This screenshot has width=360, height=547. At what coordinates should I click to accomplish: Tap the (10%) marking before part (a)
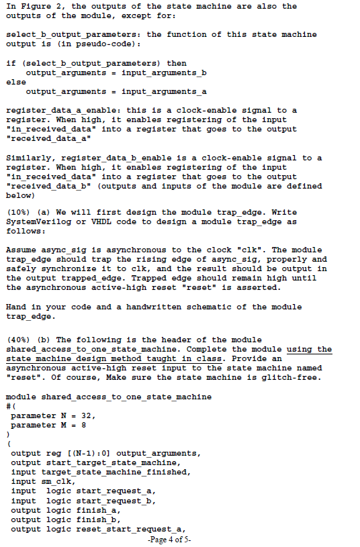point(20,212)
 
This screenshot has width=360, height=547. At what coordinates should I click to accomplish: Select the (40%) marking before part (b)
point(20,340)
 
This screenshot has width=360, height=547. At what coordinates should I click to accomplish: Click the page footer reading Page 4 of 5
point(171,539)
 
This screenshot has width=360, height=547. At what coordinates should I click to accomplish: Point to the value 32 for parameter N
point(89,416)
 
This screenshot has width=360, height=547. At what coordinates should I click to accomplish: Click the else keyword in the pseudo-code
point(15,81)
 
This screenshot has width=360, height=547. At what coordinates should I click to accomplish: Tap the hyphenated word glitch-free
point(292,377)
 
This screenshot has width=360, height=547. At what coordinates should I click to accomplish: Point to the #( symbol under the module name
point(9,406)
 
